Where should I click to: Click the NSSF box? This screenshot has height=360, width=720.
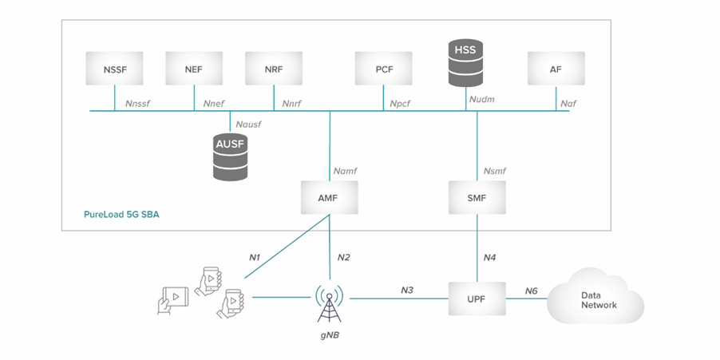[114, 69]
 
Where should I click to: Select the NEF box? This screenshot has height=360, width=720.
[193, 69]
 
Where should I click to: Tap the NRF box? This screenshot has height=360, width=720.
[273, 69]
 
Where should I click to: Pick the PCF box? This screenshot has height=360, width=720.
[384, 69]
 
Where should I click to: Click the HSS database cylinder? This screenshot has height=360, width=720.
[465, 64]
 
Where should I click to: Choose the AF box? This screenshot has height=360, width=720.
[556, 69]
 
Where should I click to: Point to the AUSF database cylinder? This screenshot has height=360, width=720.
[231, 156]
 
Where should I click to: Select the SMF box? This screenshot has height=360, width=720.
[477, 197]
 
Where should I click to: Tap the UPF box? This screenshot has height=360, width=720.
[477, 299]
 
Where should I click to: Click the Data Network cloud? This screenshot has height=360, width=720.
[599, 299]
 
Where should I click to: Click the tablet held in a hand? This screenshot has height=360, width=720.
[175, 299]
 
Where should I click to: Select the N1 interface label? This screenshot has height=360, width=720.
[255, 257]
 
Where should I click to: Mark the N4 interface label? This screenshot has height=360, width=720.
[490, 257]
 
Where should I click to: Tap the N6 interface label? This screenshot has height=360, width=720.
[532, 291]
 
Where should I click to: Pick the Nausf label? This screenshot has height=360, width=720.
[247, 125]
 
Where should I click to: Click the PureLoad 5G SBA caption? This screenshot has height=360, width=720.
[121, 215]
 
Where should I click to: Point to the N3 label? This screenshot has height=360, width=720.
[407, 291]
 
